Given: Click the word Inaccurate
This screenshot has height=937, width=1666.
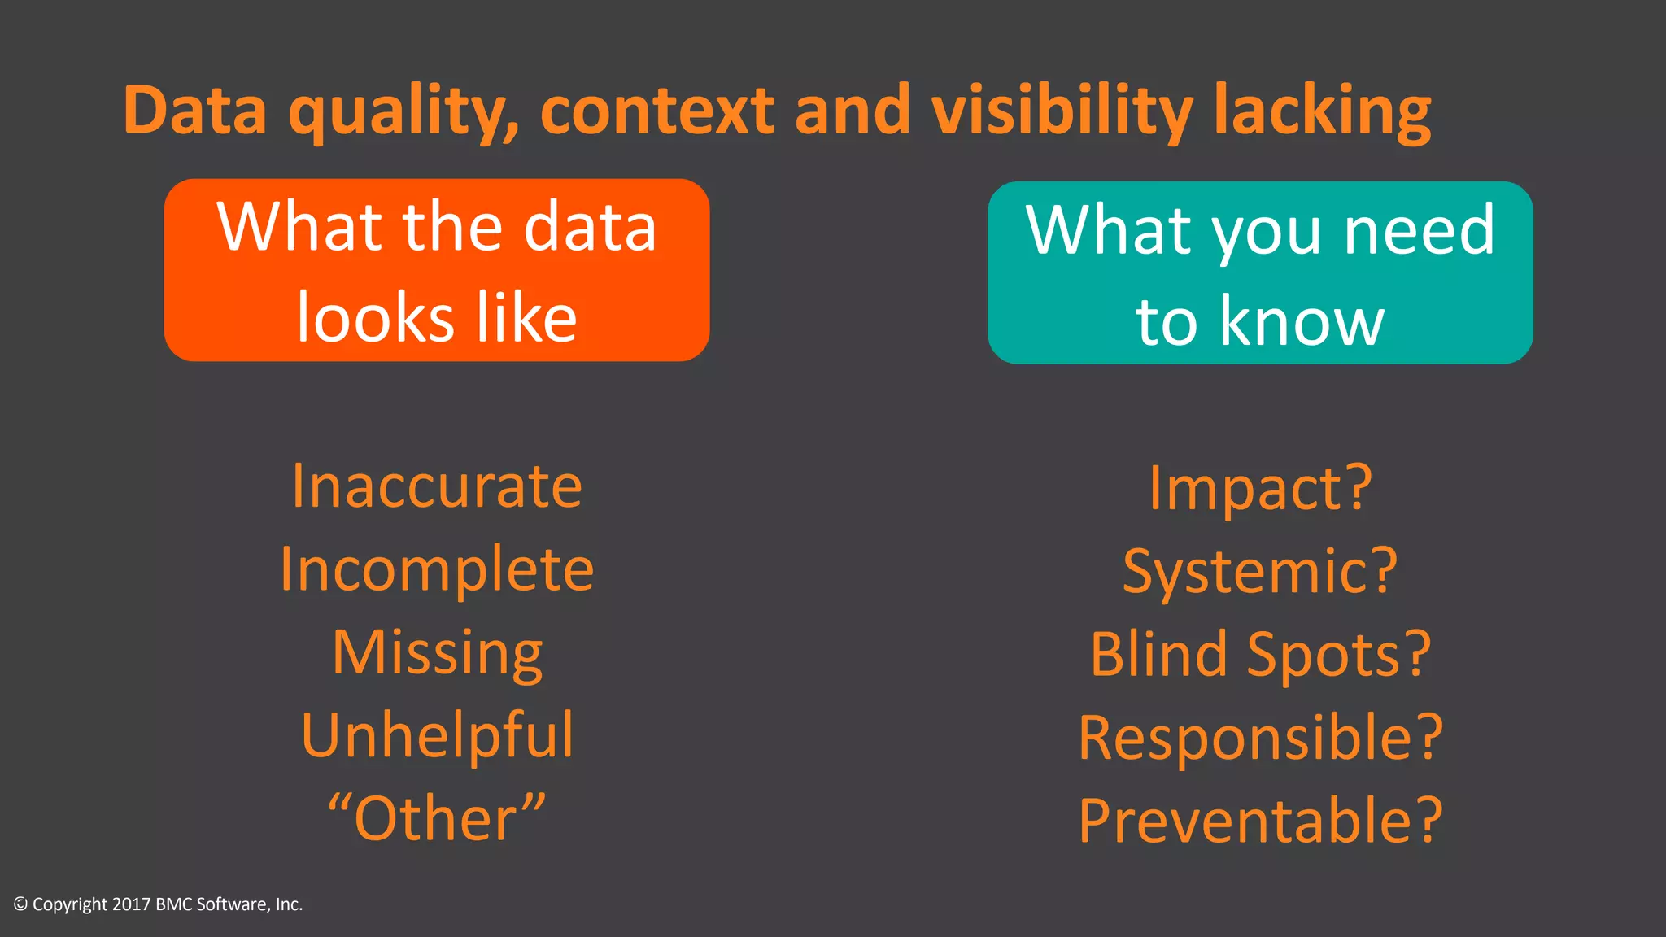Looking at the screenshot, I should point(437,486).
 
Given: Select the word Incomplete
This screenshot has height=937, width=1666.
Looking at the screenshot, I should point(437,569).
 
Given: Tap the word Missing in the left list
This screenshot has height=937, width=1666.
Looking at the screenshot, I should point(437,653).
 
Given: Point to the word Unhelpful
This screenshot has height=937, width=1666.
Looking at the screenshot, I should point(437,736).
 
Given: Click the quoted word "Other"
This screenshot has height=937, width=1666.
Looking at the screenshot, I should point(437,818).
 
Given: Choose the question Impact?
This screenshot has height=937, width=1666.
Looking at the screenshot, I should point(1260,488).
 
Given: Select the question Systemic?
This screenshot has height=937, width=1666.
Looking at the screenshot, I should point(1260,572).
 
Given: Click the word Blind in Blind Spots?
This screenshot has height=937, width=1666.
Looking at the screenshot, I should point(1158,655).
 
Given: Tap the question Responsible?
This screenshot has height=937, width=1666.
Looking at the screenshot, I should point(1260,738).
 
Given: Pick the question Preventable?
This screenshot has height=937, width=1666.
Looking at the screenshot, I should point(1260,821).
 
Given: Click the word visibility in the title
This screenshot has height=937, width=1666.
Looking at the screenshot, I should point(1062,111).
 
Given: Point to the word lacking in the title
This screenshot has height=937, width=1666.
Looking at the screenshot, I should point(1321,111).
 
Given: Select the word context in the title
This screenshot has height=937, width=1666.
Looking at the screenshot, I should point(657,111).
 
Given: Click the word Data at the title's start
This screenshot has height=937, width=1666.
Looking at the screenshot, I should point(195,111).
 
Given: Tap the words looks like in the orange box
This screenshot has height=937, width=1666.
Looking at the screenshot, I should point(437,317).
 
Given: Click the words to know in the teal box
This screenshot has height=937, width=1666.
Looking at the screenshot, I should point(1260,321).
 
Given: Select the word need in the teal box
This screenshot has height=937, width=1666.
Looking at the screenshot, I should point(1419,231).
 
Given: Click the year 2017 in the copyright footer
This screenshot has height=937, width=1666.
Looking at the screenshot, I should point(131,904).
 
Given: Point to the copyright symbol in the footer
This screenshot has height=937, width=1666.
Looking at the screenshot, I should point(20,904).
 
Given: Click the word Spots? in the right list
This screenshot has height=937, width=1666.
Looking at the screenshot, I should point(1338,655).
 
